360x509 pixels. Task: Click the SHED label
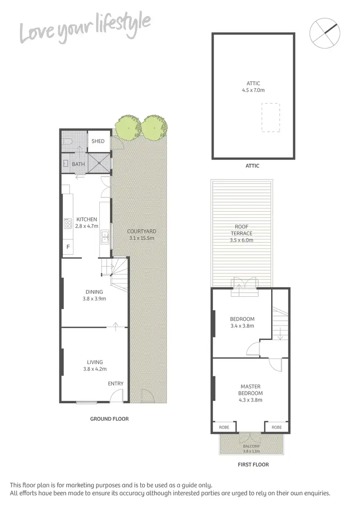point(98,141)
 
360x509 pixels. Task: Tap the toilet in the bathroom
point(67,141)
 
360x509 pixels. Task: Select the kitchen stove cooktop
point(67,224)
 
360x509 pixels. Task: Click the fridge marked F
point(68,247)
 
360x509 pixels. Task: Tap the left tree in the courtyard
point(128,126)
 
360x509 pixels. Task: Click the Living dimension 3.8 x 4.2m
point(95,369)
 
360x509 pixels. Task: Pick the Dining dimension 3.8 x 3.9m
point(95,299)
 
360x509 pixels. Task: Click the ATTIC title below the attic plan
point(252,166)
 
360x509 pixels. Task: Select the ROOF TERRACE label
point(241,230)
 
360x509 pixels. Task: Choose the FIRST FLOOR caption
point(253,464)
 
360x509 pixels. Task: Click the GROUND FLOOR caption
point(109,419)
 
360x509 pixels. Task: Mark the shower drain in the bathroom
point(99,163)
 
